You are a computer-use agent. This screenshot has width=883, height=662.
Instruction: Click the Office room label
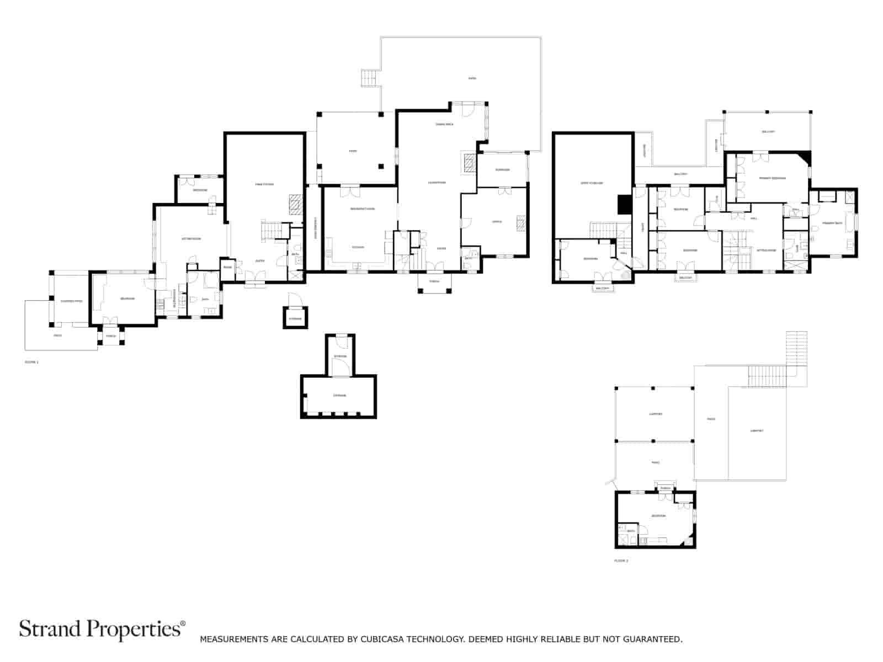497,222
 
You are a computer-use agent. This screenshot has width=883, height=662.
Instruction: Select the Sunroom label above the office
502,170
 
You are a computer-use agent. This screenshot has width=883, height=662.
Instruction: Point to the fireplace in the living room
469,163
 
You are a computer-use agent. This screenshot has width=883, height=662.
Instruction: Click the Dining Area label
444,125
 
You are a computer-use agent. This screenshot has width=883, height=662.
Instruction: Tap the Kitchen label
358,247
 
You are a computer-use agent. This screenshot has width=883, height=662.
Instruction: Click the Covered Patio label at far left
71,301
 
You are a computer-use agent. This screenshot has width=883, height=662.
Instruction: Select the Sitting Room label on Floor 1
192,239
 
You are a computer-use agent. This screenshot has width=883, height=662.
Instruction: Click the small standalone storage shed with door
295,318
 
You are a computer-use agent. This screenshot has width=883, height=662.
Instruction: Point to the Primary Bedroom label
772,178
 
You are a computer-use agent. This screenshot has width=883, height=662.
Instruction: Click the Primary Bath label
832,223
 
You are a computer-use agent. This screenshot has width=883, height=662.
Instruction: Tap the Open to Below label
591,183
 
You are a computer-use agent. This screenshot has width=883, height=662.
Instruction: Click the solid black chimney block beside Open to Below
625,204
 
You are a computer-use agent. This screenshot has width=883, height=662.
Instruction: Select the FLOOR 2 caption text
621,560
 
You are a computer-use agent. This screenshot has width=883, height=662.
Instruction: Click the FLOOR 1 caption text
31,362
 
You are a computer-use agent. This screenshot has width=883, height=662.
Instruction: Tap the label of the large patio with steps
472,78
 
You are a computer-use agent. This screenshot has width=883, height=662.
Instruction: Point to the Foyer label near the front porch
441,248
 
